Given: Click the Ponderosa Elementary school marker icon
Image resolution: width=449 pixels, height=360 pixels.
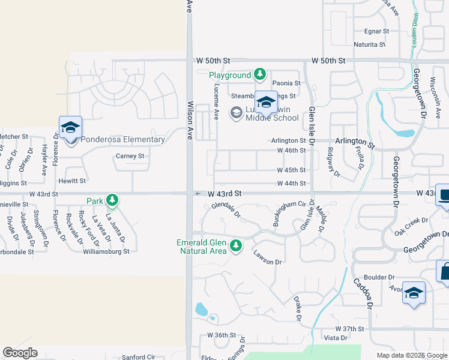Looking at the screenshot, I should pos(70,127).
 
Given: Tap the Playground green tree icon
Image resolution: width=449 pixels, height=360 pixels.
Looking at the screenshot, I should pos(259,75).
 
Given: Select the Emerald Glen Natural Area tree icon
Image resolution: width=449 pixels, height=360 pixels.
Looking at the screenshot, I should pos(236,245).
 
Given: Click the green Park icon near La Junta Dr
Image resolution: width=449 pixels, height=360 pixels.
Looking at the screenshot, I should pos(112,200).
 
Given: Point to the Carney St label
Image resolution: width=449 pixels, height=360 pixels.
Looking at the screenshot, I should pos(130,156).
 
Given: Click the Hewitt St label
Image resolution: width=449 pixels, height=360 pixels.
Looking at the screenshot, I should pos(73,180).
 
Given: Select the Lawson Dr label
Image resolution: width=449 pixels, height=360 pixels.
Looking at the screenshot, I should pos(267,257).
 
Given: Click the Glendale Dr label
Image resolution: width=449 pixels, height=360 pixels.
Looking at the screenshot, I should pos(226,211).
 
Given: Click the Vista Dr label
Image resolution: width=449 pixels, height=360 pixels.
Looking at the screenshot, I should pos(336,338).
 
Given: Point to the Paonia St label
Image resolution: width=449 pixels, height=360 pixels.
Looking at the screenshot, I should pos(286,83).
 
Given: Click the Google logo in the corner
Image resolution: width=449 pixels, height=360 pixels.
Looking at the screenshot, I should pos(20,353).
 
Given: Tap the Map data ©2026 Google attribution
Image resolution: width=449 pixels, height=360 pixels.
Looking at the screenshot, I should pos(411,355).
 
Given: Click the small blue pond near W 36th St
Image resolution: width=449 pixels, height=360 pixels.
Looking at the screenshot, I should pos(201,310).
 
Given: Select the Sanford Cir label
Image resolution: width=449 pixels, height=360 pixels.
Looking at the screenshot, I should pos(139,357).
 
